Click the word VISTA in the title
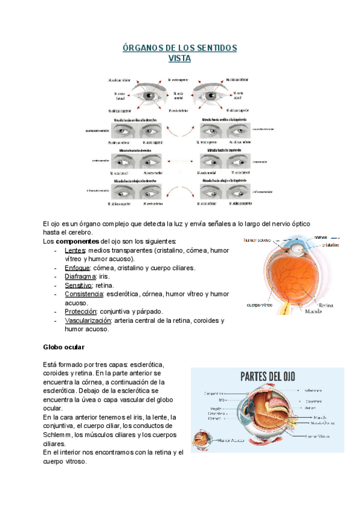point(180,58)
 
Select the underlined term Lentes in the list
point(75,250)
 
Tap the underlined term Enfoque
point(77,268)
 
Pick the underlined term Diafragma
point(80,277)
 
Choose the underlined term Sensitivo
point(79,286)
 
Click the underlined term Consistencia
point(84,294)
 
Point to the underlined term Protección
point(80,312)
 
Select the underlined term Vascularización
point(88,321)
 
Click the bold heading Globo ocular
point(64,347)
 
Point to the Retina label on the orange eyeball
point(326,305)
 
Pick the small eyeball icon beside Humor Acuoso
point(198,442)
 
